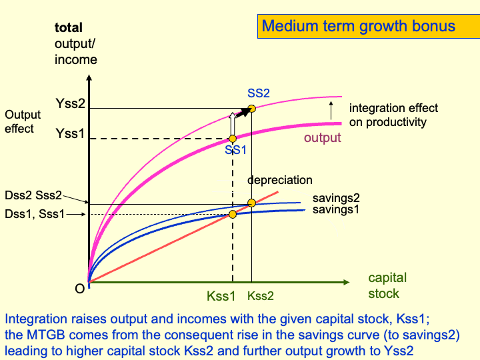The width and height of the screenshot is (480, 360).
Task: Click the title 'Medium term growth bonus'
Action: coord(358,27)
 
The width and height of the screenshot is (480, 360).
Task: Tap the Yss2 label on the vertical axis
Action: coord(70,104)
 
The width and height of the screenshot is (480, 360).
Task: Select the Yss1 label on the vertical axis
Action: coord(70,133)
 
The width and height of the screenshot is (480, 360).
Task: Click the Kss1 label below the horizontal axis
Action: coord(221,295)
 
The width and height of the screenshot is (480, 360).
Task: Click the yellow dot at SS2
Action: coord(251,109)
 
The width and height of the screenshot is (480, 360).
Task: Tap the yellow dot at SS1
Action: coord(233,139)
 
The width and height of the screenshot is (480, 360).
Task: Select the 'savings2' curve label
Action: coord(336,199)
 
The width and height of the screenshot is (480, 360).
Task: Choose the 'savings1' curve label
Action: coord(336,209)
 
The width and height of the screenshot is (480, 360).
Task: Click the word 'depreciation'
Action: coord(280,181)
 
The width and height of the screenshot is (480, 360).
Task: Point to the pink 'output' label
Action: coord(322,138)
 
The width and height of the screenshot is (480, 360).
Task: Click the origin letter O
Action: coord(79,289)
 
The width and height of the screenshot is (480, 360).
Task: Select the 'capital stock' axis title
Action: coord(387,285)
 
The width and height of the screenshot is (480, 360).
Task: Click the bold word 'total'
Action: coord(69,28)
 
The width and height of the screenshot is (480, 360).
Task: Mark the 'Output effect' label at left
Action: coord(23,121)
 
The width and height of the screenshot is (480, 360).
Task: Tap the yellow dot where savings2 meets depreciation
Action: coord(251,203)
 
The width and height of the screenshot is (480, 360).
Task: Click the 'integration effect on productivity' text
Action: coord(393,115)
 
